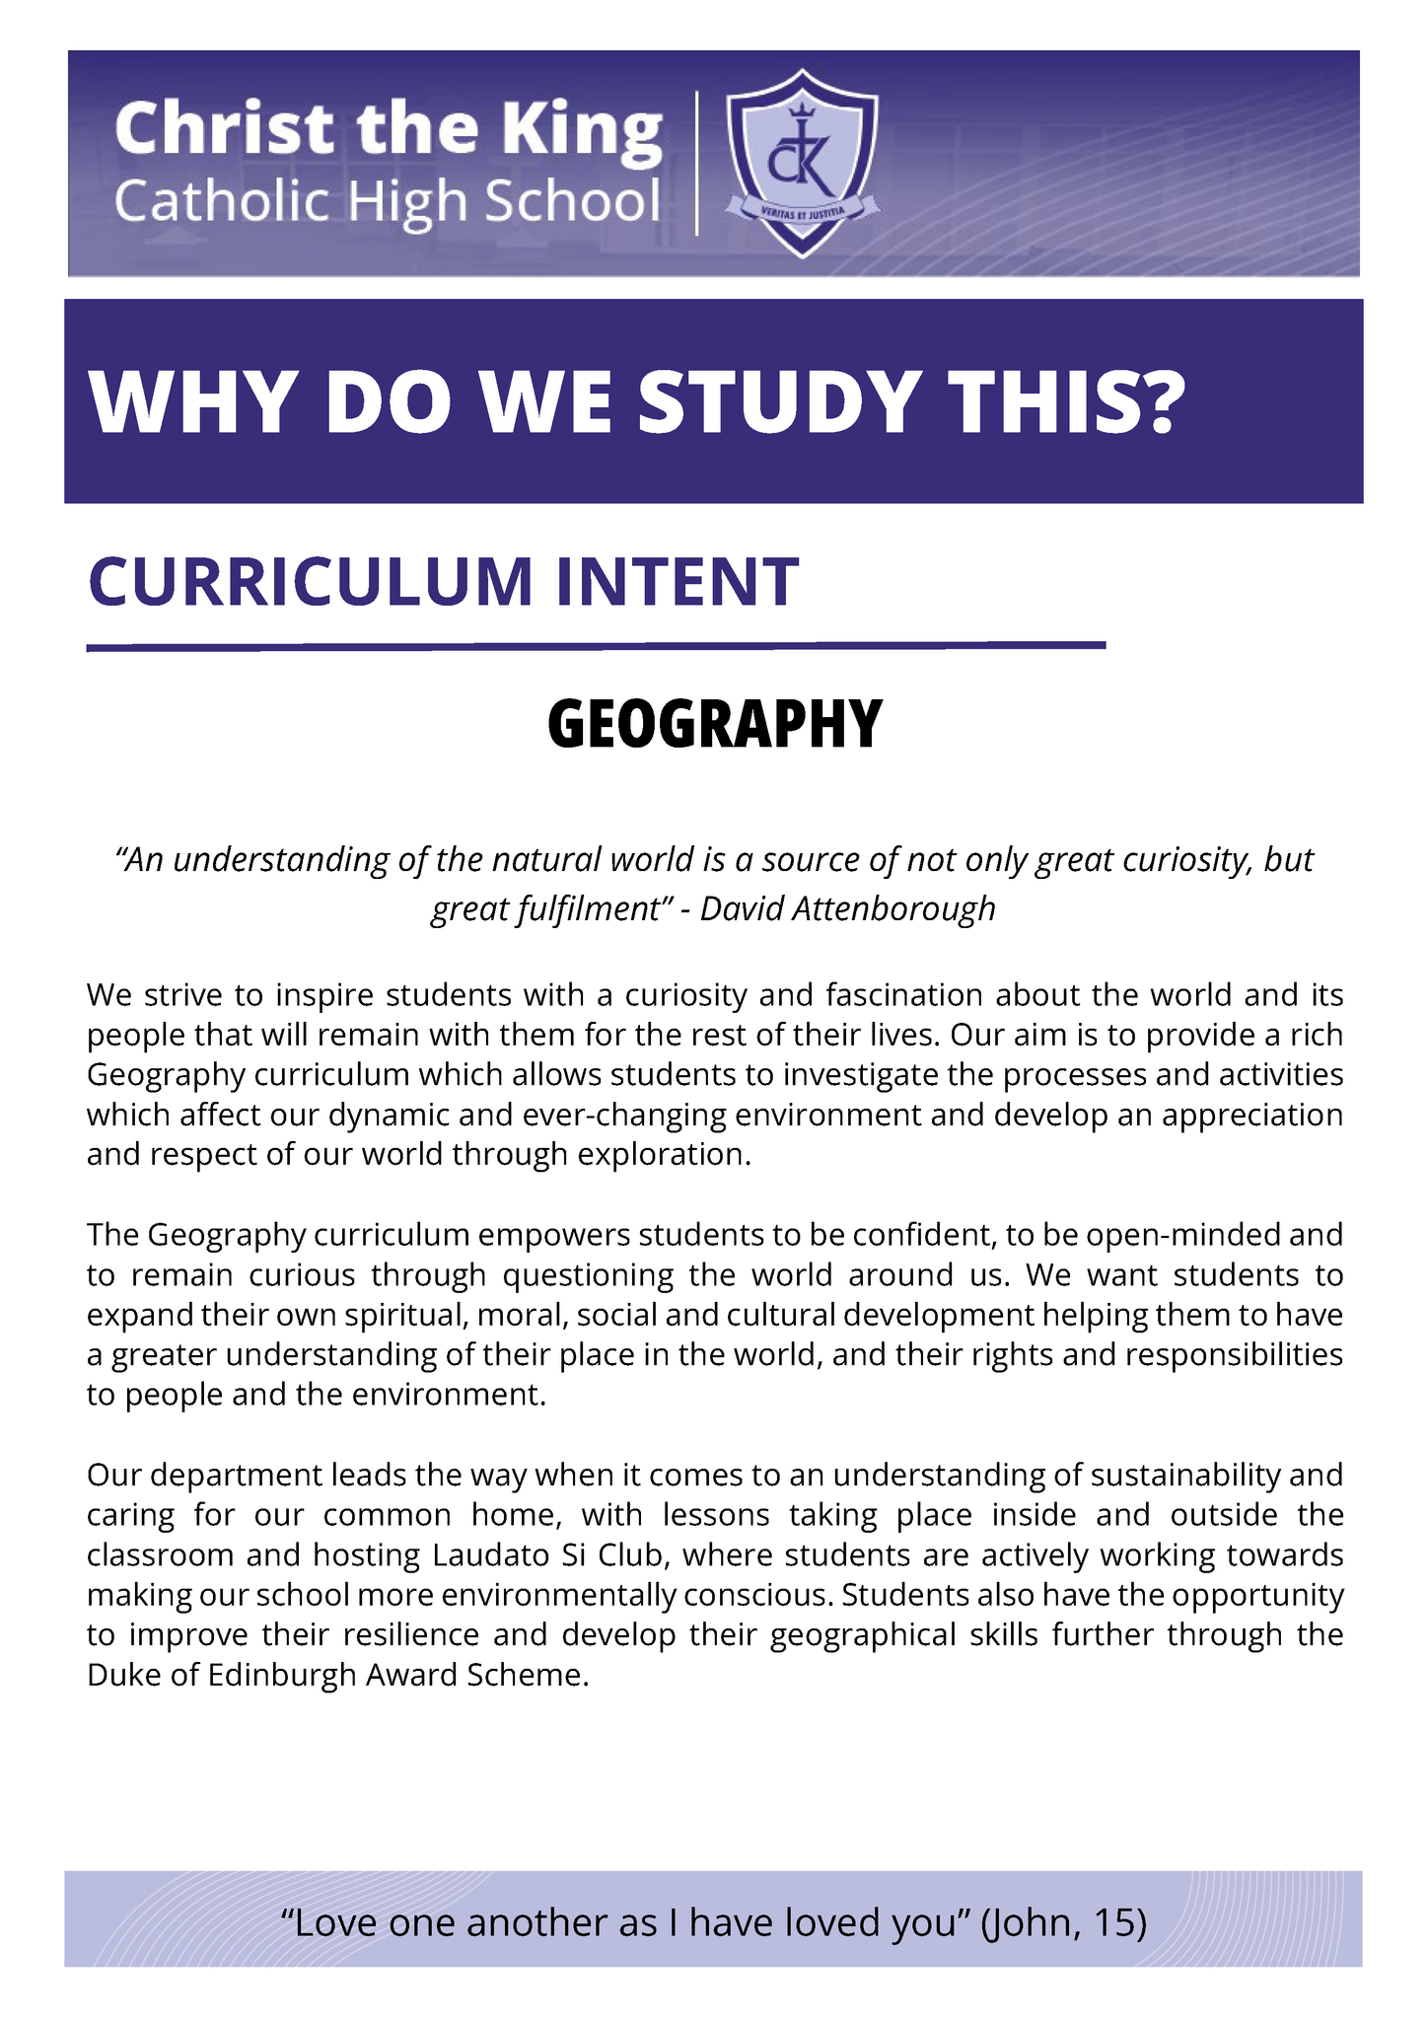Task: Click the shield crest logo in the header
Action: (x=802, y=162)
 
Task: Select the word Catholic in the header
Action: (x=222, y=202)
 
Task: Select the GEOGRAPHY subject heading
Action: (x=714, y=725)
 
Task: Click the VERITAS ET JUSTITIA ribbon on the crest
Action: (x=802, y=209)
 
